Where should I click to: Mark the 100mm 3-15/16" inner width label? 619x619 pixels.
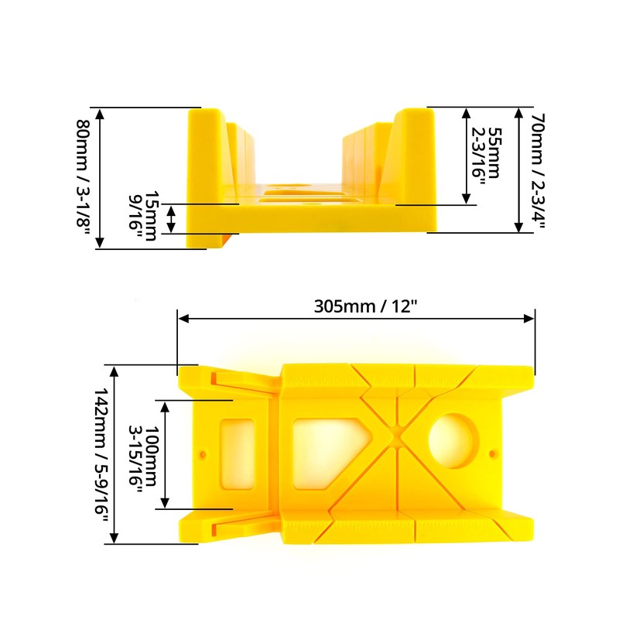142,455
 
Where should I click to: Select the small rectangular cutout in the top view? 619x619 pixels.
238,454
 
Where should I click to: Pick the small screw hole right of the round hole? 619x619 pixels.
494,452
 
